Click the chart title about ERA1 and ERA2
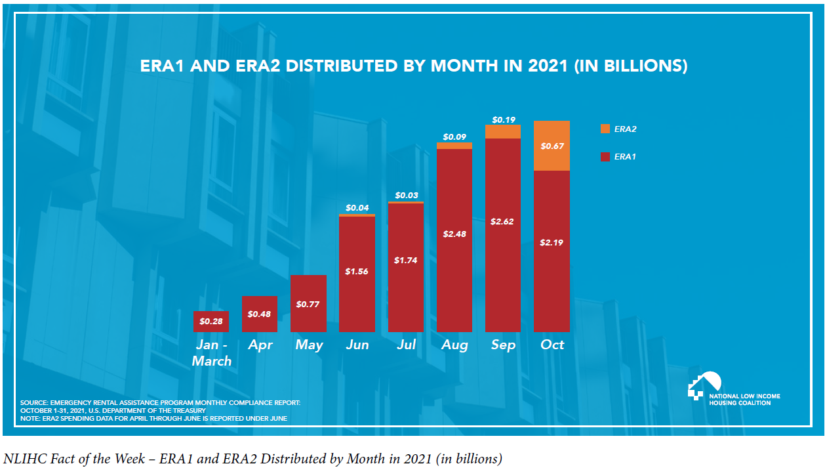(414, 66)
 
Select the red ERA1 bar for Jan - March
(211, 321)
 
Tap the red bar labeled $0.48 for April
(260, 314)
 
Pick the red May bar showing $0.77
(308, 303)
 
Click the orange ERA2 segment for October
(552, 146)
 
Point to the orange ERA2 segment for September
(503, 131)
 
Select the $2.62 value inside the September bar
(503, 221)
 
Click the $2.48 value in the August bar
(454, 234)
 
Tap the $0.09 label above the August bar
(454, 137)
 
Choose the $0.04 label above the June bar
(357, 207)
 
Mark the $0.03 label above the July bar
(406, 196)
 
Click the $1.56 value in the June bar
(357, 271)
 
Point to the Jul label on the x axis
(406, 345)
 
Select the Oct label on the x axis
(552, 345)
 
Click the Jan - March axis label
(211, 352)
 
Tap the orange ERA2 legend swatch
(605, 129)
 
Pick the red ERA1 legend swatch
(605, 157)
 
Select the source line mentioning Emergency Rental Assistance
(161, 402)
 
